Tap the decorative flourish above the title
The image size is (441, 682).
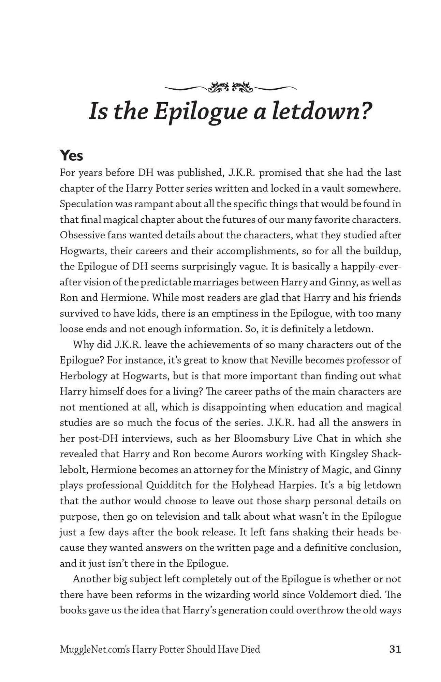(230, 88)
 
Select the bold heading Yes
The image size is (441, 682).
(71, 155)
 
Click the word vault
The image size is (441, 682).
(330, 188)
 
